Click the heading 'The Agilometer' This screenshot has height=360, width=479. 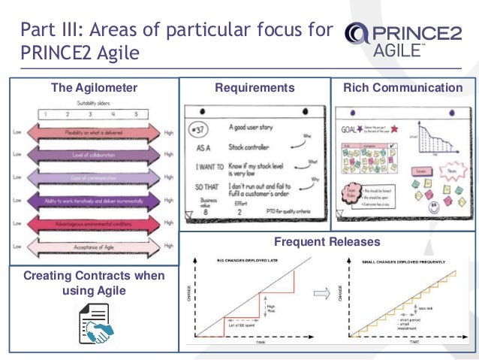[94, 88]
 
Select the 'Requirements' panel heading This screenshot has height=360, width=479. [255, 88]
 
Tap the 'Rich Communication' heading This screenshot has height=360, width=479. [402, 88]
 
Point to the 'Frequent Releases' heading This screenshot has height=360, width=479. [327, 242]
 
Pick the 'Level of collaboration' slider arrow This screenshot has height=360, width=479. [94, 155]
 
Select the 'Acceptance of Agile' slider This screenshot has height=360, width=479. [94, 244]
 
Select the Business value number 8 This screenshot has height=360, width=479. [205, 213]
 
